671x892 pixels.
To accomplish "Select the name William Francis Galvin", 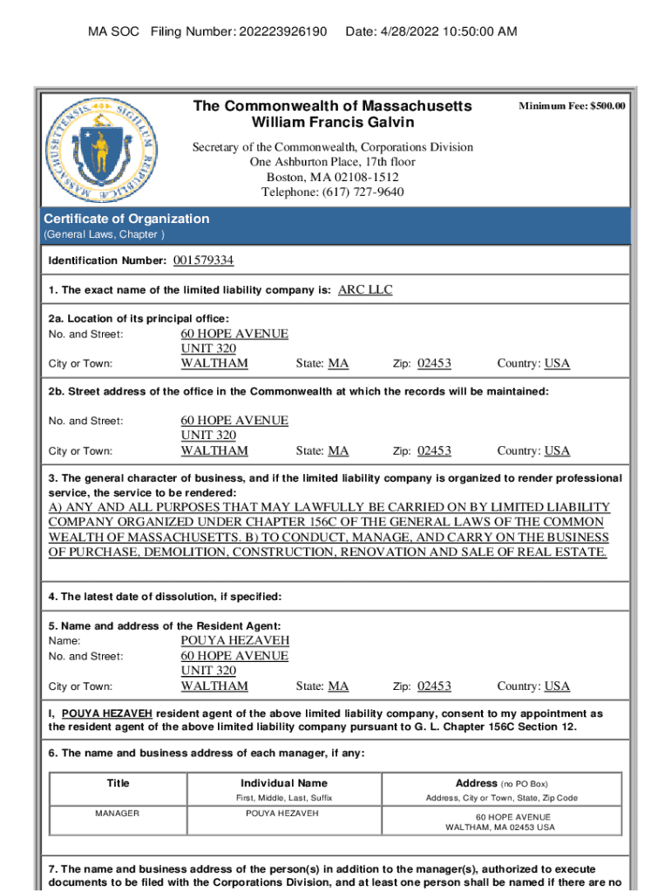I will click(x=332, y=122).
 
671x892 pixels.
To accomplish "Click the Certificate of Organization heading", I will click(x=126, y=219).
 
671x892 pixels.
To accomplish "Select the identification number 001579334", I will click(x=203, y=260).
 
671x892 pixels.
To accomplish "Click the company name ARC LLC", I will click(x=365, y=290).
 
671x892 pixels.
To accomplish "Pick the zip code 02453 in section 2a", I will click(x=434, y=363).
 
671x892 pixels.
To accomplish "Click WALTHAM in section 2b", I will click(x=214, y=450).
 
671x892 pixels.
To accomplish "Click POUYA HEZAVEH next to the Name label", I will click(x=234, y=640).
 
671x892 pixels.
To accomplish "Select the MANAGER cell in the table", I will click(x=118, y=813).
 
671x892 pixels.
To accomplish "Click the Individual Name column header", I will click(x=284, y=783).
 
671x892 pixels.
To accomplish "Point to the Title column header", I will click(x=118, y=783).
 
